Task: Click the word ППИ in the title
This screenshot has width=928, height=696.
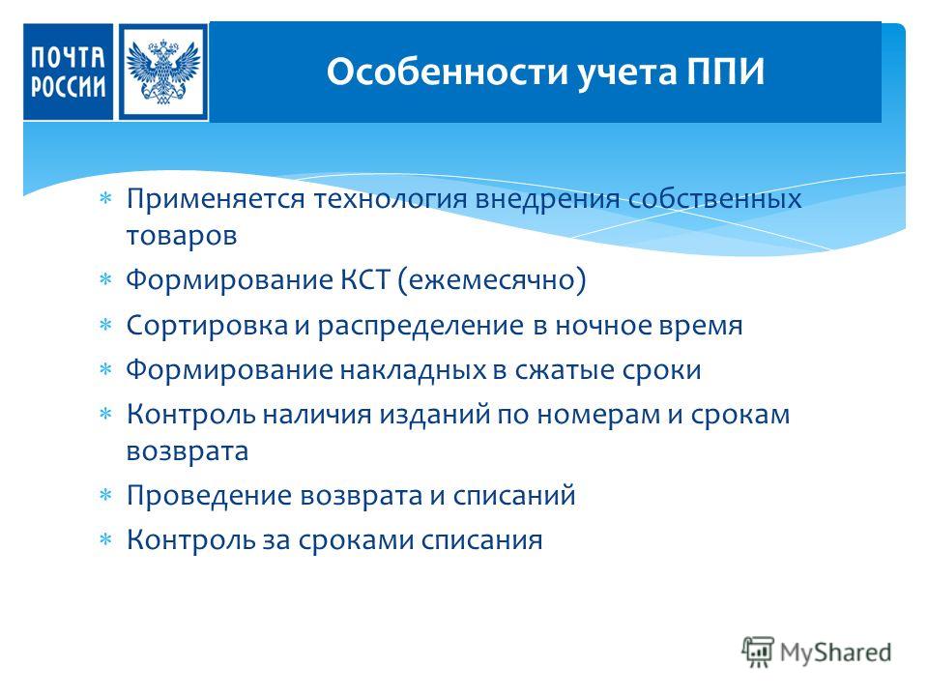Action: pyautogui.click(x=726, y=72)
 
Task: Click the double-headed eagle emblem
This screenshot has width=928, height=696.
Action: pyautogui.click(x=163, y=72)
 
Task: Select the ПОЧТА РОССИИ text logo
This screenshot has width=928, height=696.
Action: pyautogui.click(x=68, y=72)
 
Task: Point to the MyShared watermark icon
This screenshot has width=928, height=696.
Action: pyautogui.click(x=758, y=652)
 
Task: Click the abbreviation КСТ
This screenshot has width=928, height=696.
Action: pyautogui.click(x=365, y=279)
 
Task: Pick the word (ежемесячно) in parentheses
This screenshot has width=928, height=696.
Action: pyautogui.click(x=491, y=280)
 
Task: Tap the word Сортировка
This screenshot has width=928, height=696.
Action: pyautogui.click(x=207, y=326)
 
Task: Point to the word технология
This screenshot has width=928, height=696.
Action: pyautogui.click(x=391, y=200)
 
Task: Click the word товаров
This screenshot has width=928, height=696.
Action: pyautogui.click(x=182, y=236)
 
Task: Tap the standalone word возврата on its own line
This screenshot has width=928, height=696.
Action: pyautogui.click(x=187, y=452)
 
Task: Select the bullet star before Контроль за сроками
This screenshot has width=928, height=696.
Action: pyautogui.click(x=105, y=538)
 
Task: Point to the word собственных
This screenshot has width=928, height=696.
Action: pyautogui.click(x=714, y=200)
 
